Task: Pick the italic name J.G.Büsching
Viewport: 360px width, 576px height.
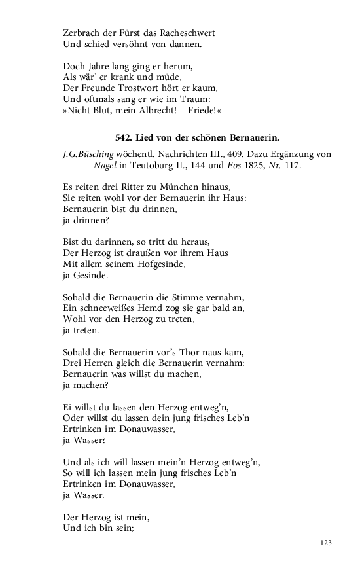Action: pyautogui.click(x=86, y=154)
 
